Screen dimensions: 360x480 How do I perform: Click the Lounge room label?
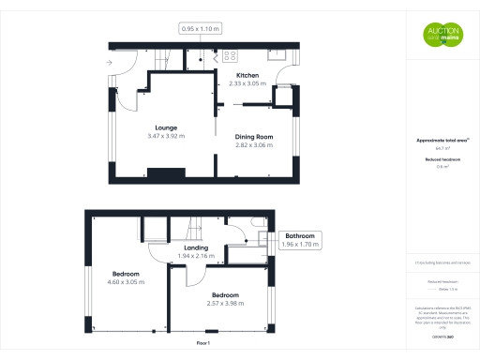(x=166, y=127)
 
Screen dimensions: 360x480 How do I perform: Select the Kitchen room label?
(x=247, y=75)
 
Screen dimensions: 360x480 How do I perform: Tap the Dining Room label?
(x=253, y=137)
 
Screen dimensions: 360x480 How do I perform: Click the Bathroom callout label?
(x=300, y=235)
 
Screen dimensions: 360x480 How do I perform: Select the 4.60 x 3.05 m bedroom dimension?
(x=127, y=282)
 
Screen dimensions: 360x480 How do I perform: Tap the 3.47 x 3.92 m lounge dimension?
(x=166, y=136)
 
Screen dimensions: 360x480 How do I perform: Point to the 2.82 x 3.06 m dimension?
(x=253, y=145)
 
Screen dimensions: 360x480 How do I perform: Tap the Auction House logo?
(x=441, y=35)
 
